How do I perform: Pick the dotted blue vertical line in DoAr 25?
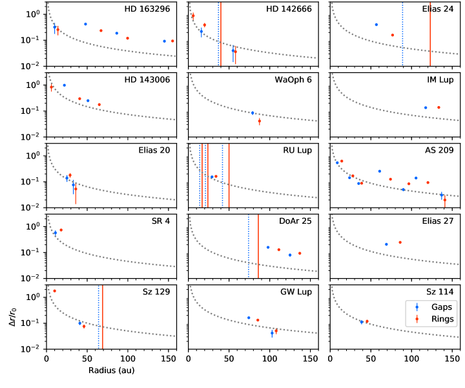pos(249,248)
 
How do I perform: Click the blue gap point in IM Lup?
pos(426,107)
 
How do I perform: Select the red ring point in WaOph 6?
pos(259,121)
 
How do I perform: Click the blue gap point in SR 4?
pos(55,233)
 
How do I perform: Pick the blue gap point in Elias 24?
pos(376,25)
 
